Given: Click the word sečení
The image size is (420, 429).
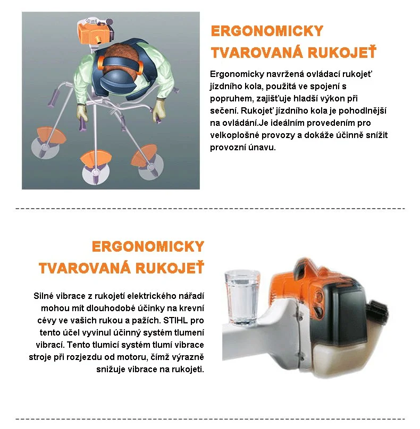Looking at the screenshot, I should tap(223, 110).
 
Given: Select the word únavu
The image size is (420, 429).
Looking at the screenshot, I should tap(262, 148).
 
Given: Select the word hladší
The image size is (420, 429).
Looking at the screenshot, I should tap(316, 98).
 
